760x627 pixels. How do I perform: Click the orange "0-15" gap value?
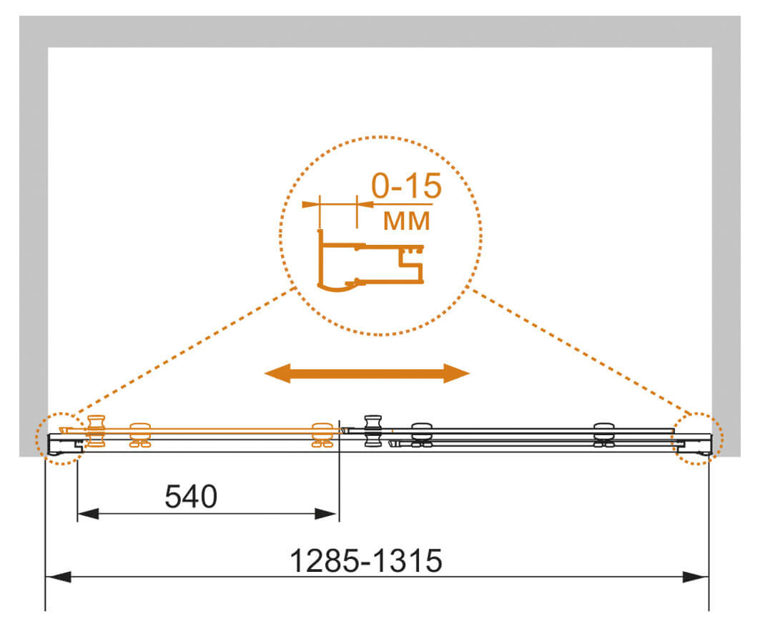407,185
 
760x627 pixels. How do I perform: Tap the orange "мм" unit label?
406,220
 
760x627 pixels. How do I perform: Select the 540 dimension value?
191,497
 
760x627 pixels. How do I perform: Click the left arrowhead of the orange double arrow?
277,373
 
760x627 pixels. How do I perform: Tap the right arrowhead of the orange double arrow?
457,373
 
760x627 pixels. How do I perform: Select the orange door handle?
96,431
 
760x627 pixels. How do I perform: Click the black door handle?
372,430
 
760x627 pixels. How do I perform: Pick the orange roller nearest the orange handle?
140,434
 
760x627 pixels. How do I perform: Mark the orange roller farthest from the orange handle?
322,434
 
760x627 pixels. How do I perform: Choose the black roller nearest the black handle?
422,434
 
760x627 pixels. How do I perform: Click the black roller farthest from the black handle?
604,434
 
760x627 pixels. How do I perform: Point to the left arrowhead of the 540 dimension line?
88,513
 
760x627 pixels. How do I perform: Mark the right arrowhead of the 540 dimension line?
326,513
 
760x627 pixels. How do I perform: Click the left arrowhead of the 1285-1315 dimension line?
57,577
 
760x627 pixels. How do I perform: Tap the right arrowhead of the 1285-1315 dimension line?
696,577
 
